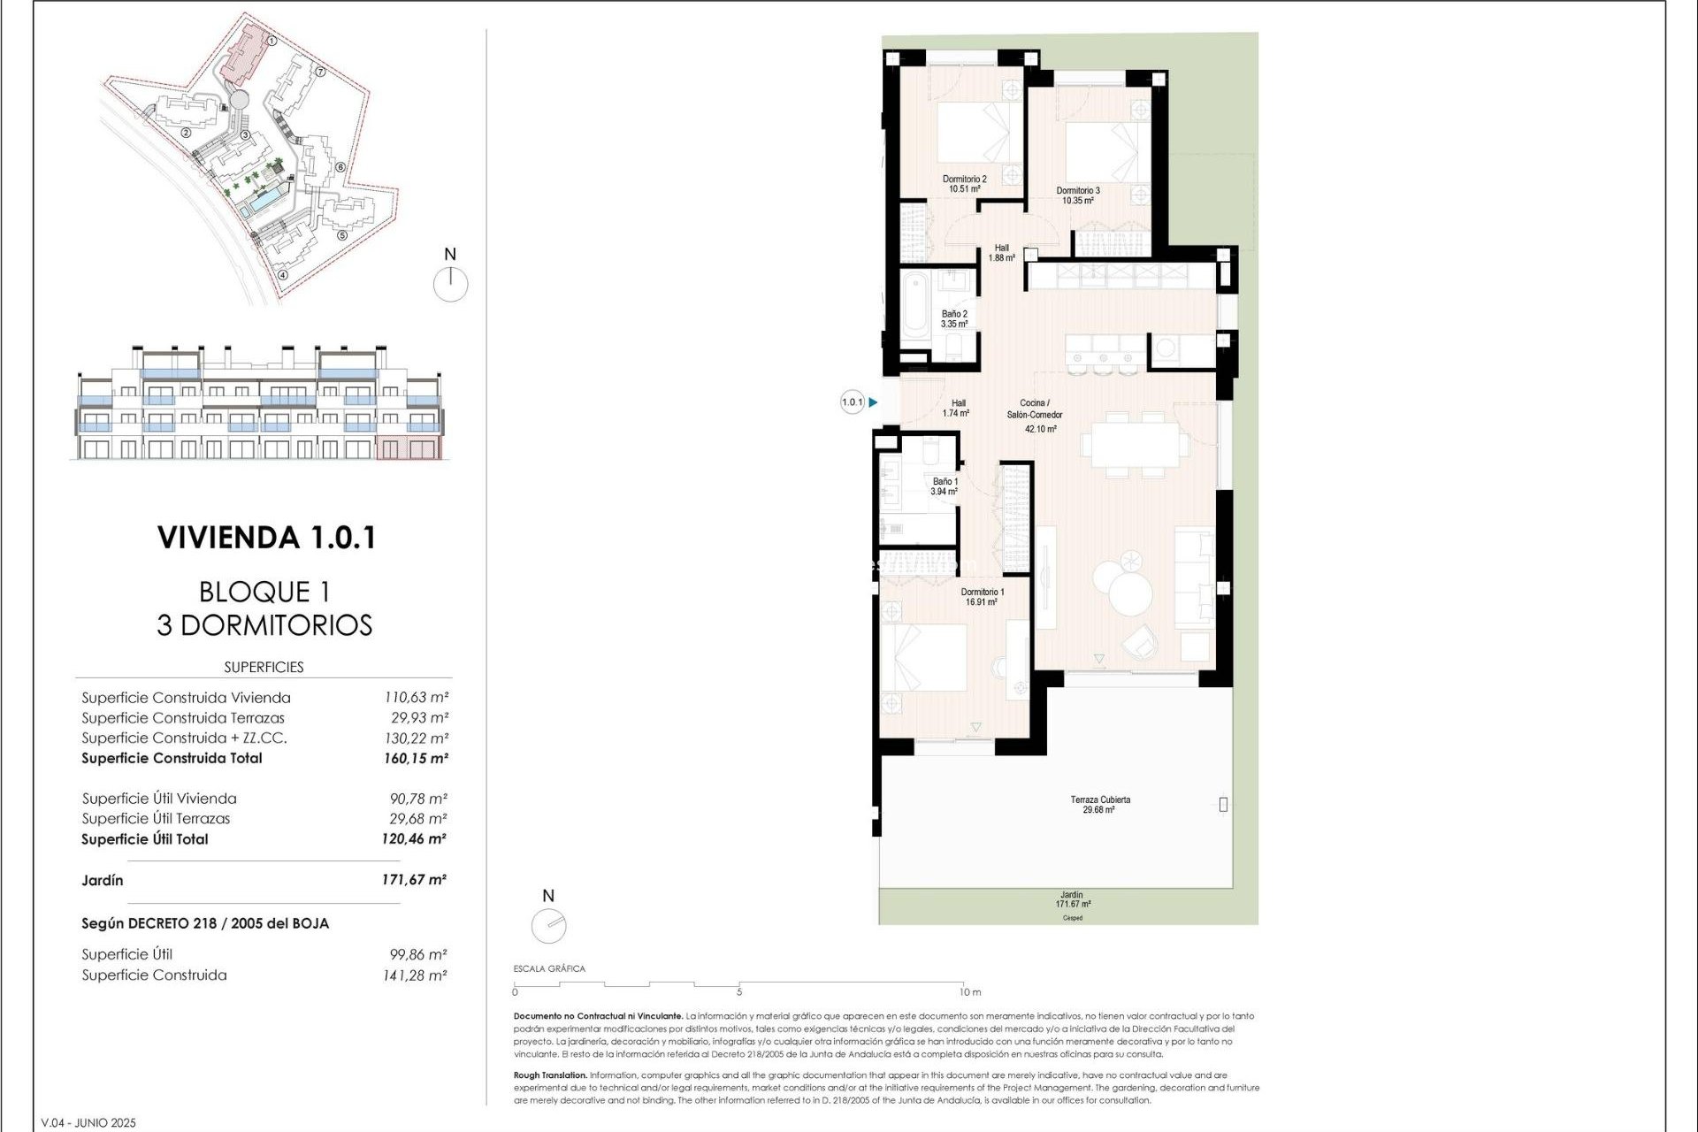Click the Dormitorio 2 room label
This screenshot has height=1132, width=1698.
[964, 183]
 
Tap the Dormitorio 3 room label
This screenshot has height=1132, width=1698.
[1078, 195]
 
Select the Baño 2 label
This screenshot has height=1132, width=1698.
[954, 318]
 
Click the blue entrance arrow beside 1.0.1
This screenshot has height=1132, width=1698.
[873, 402]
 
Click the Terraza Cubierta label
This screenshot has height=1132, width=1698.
[1099, 804]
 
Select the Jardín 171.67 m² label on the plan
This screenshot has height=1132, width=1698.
[1072, 899]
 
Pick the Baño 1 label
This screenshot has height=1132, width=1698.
[945, 486]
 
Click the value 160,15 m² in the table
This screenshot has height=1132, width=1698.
[416, 758]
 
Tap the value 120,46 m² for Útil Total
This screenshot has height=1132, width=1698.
[414, 838]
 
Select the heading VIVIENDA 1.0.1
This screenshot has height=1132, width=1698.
[266, 538]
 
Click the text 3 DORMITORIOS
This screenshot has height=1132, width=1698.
[264, 625]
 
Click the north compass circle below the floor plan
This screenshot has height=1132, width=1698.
[549, 926]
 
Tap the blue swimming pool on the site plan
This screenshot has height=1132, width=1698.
[263, 204]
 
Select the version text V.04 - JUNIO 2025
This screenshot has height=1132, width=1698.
[88, 1122]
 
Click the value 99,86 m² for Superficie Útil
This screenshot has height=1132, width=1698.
[417, 954]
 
